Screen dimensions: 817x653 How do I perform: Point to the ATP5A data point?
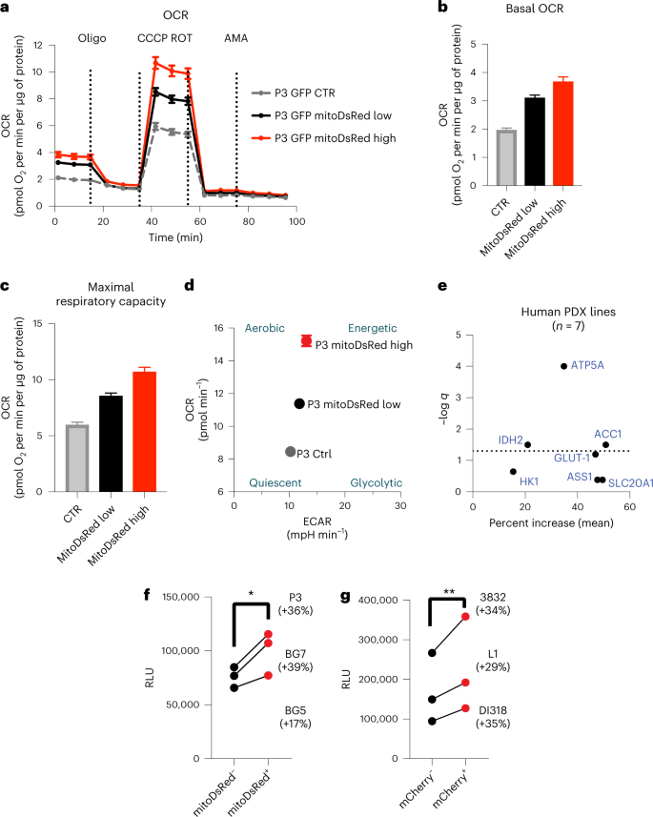coord(563,366)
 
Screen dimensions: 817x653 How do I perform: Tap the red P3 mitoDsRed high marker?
coord(306,341)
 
